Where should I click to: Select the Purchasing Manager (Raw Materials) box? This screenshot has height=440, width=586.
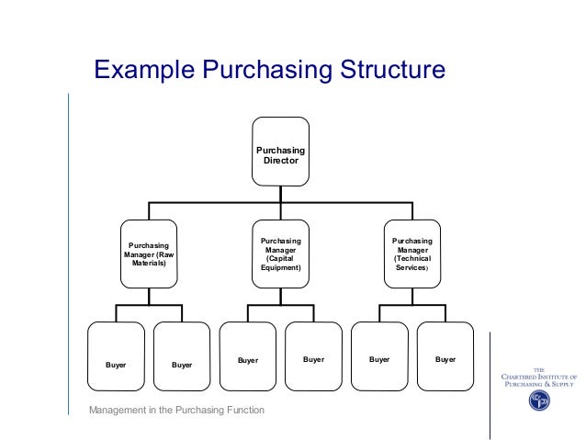[147, 254]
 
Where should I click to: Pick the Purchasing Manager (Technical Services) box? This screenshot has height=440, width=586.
[411, 254]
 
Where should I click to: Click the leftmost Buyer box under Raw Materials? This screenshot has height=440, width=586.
[116, 355]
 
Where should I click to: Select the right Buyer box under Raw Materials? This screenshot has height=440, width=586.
[182, 355]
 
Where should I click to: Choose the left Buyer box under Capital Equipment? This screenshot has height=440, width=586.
[248, 355]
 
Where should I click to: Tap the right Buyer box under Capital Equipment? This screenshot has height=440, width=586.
[314, 355]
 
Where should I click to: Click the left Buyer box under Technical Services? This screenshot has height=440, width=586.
[379, 355]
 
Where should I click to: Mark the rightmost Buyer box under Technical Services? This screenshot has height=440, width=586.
[445, 355]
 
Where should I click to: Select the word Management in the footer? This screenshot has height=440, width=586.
[120, 409]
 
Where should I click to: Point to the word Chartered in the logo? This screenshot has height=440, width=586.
[522, 378]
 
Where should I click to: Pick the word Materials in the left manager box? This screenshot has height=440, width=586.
[147, 264]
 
